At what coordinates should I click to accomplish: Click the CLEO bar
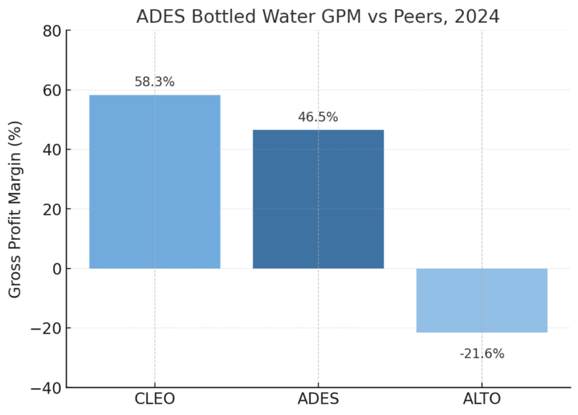tap(155, 182)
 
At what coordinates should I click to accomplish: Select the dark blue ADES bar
tap(318, 199)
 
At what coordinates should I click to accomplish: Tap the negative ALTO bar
tap(482, 300)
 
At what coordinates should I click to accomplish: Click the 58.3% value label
tap(155, 82)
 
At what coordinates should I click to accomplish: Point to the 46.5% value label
tap(318, 117)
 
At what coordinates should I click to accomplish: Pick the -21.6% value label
tap(482, 354)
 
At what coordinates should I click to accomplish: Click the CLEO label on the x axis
tap(155, 399)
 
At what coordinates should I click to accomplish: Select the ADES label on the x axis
tap(318, 399)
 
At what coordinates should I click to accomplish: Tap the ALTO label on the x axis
tap(482, 399)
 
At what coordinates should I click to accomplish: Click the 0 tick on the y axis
tap(55, 268)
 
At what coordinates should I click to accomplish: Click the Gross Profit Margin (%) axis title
tap(15, 209)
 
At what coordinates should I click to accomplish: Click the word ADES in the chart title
tap(159, 16)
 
